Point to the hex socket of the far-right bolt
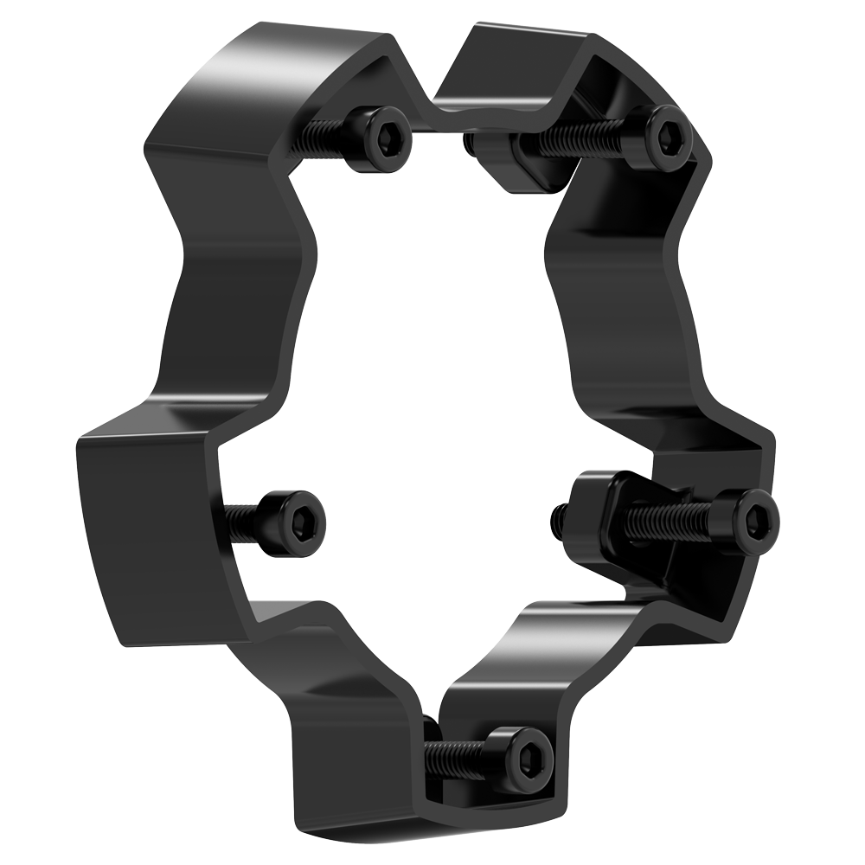coord(756,519)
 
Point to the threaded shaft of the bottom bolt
coord(454,757)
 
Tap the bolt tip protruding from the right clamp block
coord(559,517)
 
